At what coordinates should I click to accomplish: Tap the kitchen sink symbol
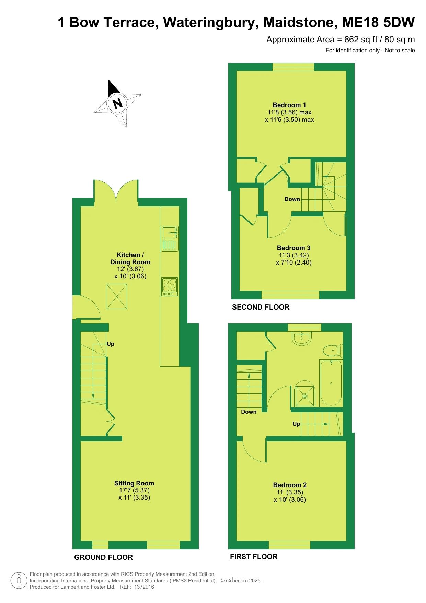tap(170, 239)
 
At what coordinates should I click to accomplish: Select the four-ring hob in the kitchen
tap(170, 287)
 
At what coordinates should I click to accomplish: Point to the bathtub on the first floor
tap(331, 383)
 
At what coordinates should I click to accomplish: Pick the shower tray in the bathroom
tap(304, 395)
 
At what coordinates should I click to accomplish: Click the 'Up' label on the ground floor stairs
tap(111, 344)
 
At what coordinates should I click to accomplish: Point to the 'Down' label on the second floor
tap(292, 199)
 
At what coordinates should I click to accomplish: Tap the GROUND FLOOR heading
tap(103, 557)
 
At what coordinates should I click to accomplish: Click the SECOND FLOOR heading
tap(261, 307)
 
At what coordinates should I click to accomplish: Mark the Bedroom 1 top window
tap(293, 67)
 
